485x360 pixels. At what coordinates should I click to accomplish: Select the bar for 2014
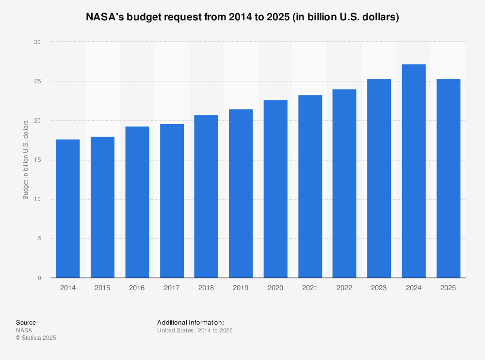[68, 208]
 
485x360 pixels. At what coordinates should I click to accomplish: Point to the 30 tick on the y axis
[37, 42]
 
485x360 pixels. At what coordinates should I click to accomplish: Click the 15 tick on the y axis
[37, 160]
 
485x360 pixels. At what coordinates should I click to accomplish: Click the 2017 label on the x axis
[172, 288]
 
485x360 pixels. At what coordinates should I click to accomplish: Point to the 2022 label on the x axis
[344, 288]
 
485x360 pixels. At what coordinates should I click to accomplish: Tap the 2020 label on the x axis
[275, 288]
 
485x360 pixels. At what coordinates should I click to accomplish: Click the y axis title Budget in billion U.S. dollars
[26, 160]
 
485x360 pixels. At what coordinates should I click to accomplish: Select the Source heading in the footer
[26, 323]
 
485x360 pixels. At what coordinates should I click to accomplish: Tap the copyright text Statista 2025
[36, 338]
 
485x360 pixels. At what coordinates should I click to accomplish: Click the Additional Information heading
[190, 323]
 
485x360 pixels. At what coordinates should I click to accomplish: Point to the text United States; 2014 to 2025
[195, 330]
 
